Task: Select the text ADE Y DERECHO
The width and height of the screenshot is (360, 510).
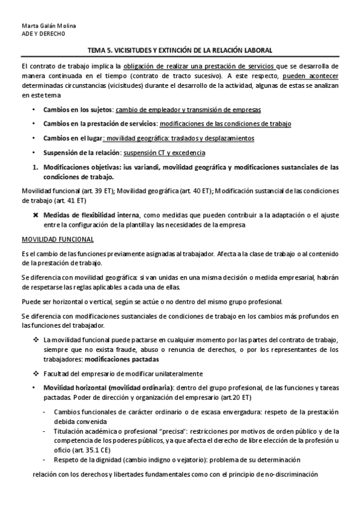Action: (x=43, y=34)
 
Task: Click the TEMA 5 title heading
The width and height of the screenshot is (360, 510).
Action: (x=180, y=52)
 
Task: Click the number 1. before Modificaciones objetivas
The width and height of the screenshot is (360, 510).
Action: (x=36, y=166)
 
